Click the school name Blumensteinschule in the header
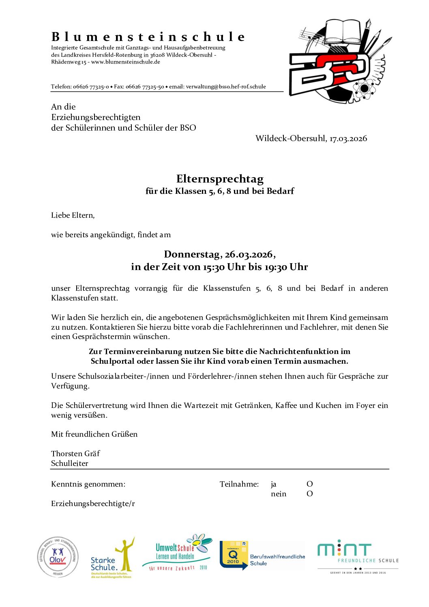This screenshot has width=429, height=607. coord(148,37)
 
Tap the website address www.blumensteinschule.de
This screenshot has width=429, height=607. coord(126,62)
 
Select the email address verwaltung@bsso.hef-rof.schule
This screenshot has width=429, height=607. coord(226,87)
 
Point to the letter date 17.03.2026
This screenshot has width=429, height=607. coord(348,139)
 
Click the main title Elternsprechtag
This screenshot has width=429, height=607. coord(220,179)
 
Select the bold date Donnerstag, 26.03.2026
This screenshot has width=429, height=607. coord(219,255)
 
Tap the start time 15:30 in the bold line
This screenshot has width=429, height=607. coord(214,267)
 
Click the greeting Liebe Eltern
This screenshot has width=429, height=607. coord(73,215)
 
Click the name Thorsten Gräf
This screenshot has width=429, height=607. coord(75,454)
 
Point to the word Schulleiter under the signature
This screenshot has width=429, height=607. coord(69,463)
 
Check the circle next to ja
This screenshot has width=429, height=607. coord(310,484)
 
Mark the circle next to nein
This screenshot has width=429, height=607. coord(310,494)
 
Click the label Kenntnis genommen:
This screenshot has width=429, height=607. coord(88,484)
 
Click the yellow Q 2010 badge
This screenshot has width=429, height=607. coord(234,555)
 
